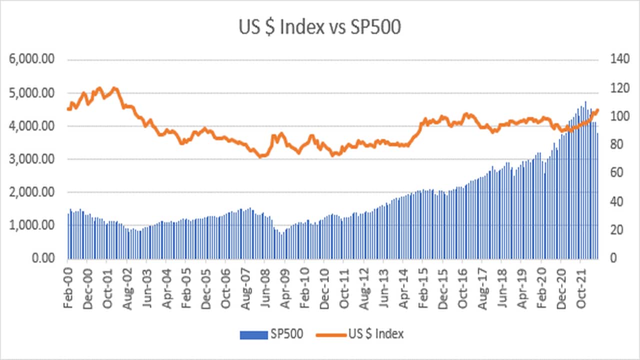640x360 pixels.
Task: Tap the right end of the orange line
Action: (x=597, y=110)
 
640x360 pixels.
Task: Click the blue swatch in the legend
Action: (x=253, y=334)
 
